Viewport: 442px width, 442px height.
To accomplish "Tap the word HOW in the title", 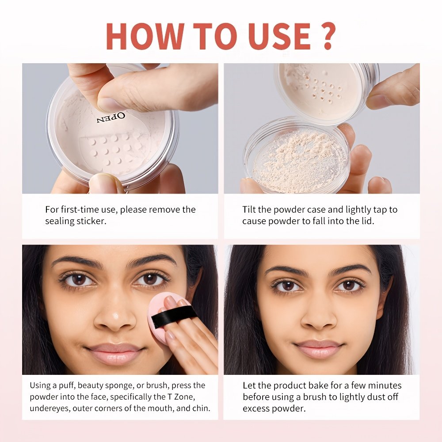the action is click(x=145, y=36).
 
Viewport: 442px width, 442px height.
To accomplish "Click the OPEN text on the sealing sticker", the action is click(x=110, y=118).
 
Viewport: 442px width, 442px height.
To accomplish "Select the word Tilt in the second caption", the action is click(x=248, y=210).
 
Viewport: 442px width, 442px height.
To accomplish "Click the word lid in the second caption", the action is click(x=367, y=221).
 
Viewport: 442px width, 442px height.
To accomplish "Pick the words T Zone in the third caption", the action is click(x=181, y=397).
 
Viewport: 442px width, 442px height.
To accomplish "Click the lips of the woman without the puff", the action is click(x=319, y=349).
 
